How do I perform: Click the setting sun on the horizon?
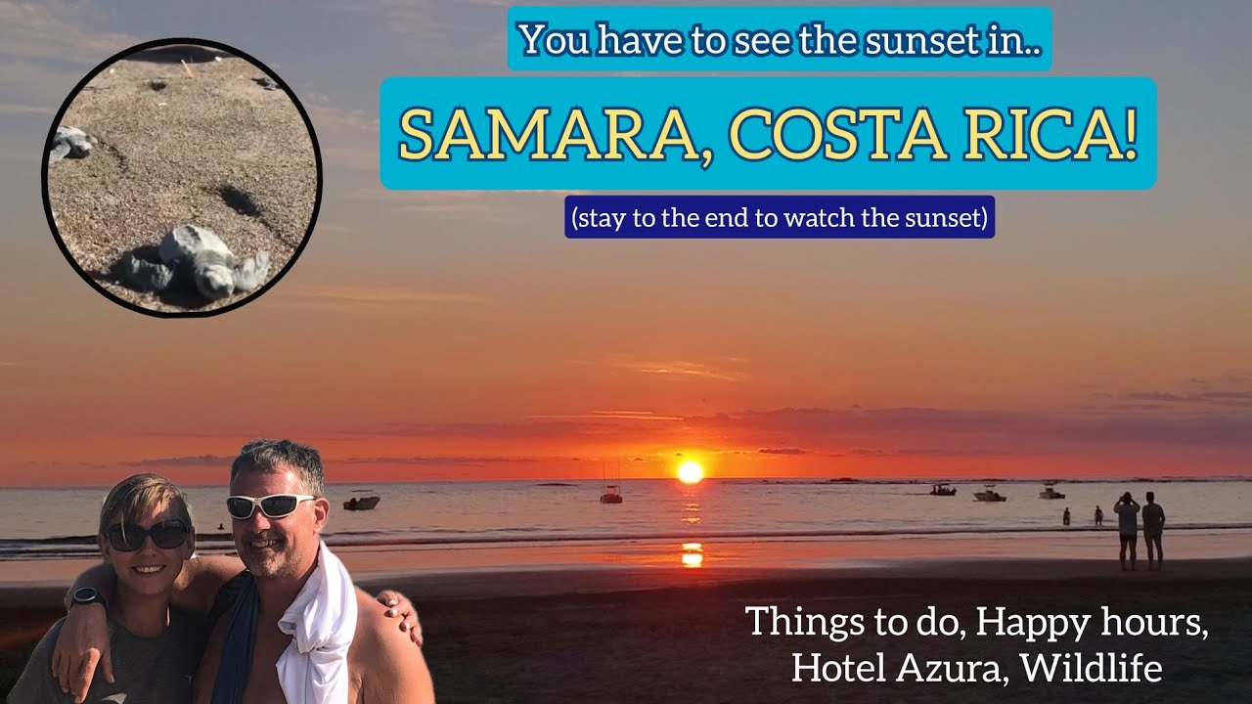[691, 471]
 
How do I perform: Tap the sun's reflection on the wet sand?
[692, 554]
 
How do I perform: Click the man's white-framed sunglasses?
[269, 505]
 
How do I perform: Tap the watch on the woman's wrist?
[87, 596]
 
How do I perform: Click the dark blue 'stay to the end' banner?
[781, 217]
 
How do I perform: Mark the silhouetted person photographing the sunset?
[1128, 529]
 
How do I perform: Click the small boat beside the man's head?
[361, 503]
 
